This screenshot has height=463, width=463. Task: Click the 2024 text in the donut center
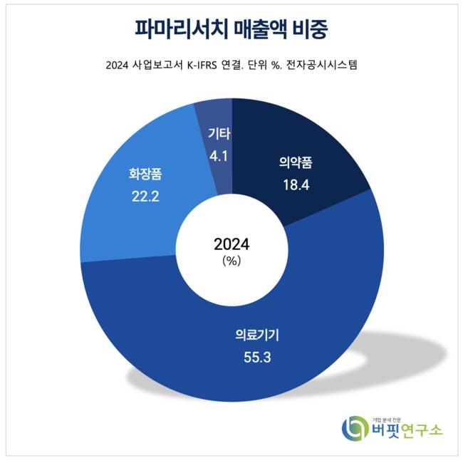point(231,244)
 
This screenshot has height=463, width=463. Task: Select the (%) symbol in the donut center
point(231,260)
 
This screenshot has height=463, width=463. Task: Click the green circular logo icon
point(354,429)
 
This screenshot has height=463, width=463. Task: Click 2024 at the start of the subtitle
point(117,67)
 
